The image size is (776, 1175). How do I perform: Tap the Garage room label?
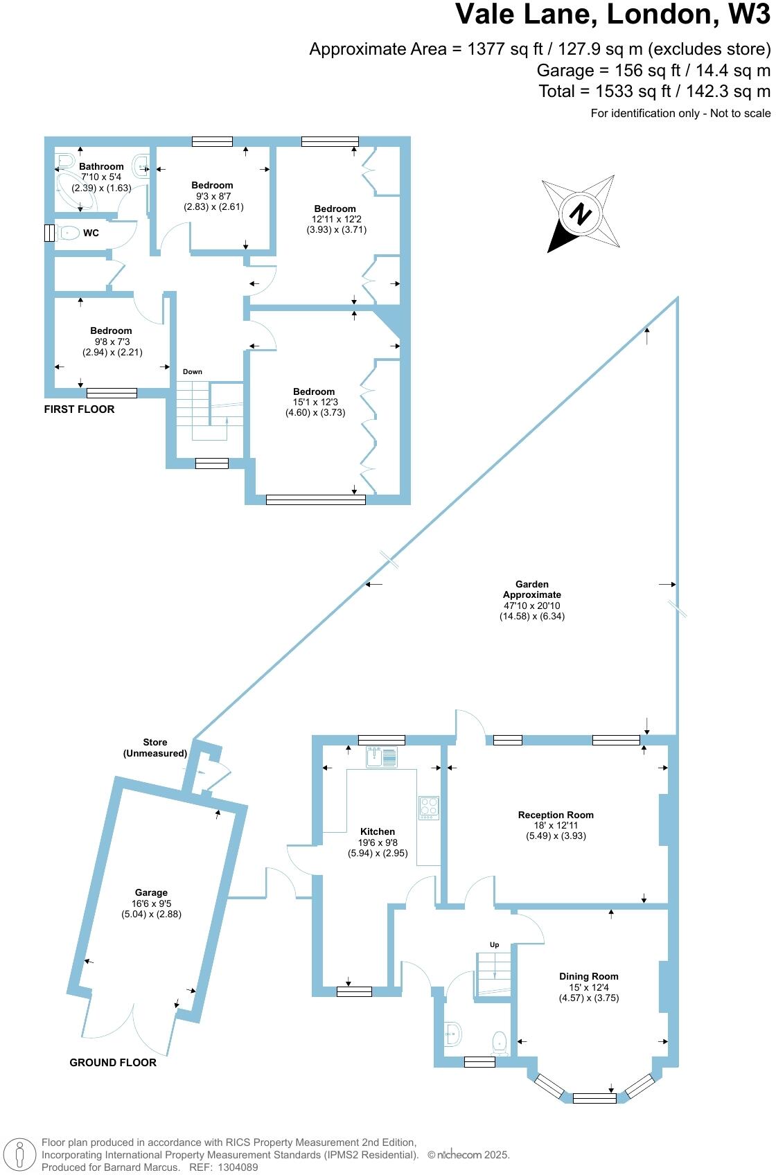tap(151, 893)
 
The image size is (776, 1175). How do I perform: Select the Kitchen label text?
tap(378, 831)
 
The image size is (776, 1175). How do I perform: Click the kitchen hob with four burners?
tap(429, 808)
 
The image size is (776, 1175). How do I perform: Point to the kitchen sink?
tap(381, 757)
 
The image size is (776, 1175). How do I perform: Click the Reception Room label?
tap(556, 815)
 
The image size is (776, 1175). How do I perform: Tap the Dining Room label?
tap(589, 976)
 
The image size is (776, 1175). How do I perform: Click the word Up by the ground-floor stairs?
tap(495, 945)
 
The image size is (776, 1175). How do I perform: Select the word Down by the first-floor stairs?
tap(193, 372)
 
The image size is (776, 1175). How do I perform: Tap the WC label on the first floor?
tap(91, 233)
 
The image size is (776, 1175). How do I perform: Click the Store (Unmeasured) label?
tap(155, 748)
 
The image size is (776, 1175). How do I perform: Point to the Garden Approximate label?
tap(532, 590)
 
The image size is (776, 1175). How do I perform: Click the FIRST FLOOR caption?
tap(79, 409)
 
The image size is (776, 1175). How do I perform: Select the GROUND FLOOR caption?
tap(113, 1063)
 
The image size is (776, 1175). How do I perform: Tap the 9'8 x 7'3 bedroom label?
tap(111, 342)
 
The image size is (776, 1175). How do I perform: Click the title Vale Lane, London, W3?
tap(612, 15)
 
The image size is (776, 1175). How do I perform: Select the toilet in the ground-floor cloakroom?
tap(499, 1043)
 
